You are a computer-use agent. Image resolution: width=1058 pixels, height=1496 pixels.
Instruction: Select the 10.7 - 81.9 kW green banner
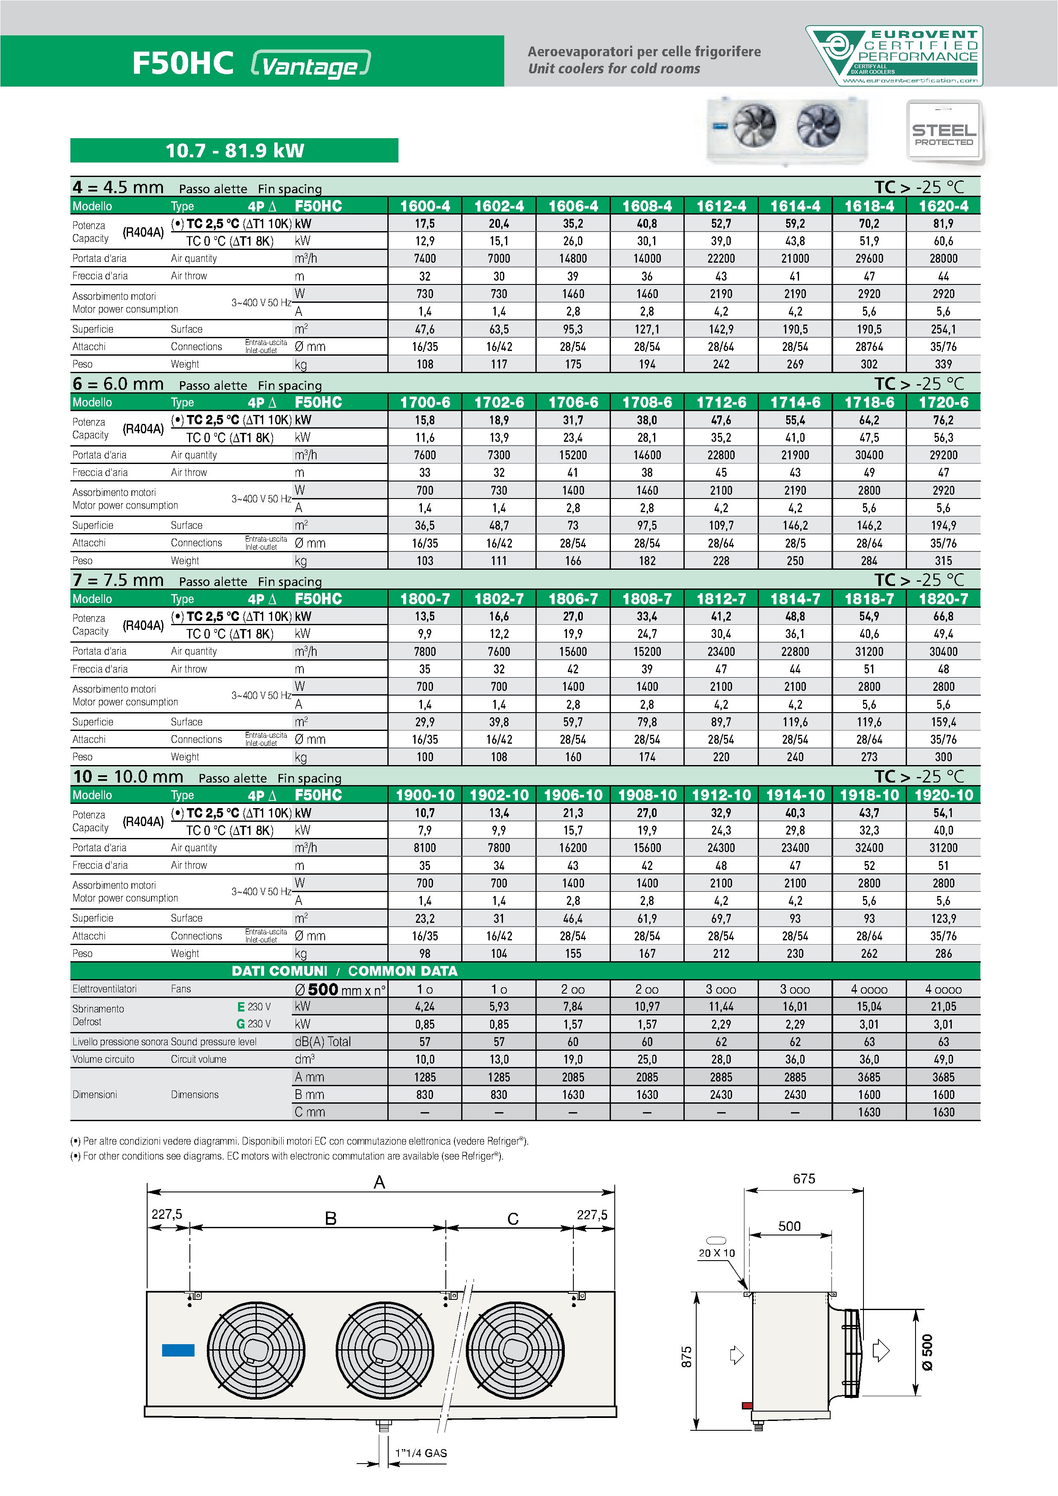(x=234, y=151)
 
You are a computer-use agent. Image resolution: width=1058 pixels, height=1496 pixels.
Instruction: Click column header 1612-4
(x=721, y=206)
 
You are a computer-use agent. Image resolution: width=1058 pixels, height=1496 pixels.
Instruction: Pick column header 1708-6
(x=647, y=403)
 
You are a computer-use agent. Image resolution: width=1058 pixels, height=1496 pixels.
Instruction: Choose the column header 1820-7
(x=943, y=599)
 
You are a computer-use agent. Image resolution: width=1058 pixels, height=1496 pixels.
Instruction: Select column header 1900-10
(x=425, y=795)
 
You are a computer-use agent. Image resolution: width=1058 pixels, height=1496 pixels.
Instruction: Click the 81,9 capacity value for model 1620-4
(x=943, y=223)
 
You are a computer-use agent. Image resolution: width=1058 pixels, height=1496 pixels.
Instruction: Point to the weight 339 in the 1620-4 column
(x=943, y=364)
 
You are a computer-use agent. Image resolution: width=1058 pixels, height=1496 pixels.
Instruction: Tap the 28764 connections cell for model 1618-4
(x=869, y=347)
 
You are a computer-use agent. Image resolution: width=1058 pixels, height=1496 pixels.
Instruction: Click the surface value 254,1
(x=943, y=329)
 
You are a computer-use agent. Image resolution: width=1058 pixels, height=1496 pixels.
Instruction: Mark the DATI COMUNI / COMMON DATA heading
(x=344, y=971)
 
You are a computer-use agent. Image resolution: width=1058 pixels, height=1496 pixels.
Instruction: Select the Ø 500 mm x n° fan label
(x=340, y=989)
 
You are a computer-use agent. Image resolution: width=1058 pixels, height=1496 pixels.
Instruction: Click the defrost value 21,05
(x=943, y=1007)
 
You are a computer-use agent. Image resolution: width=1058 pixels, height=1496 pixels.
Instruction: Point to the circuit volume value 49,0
(x=943, y=1059)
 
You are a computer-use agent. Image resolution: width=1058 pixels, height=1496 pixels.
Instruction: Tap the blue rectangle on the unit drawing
(x=178, y=1350)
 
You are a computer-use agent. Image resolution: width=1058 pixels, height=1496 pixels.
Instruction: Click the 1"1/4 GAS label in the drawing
(x=421, y=1453)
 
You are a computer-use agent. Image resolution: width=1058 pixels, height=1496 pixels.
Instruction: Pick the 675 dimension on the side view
(x=804, y=1179)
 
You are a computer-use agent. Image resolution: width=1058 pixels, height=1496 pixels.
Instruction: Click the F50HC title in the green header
(x=183, y=63)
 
